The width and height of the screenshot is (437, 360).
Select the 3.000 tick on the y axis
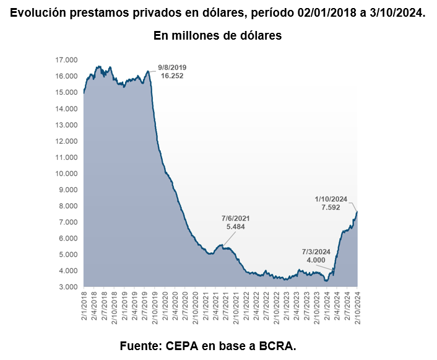pyautogui.click(x=67, y=287)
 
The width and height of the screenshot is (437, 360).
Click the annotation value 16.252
pyautogui.click(x=172, y=76)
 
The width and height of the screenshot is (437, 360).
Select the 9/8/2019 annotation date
pyautogui.click(x=172, y=67)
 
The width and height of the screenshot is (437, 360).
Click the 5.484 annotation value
pyautogui.click(x=235, y=227)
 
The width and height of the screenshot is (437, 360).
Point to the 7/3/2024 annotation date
pyautogui.click(x=316, y=252)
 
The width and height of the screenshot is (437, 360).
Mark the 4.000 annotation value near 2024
pyautogui.click(x=316, y=260)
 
